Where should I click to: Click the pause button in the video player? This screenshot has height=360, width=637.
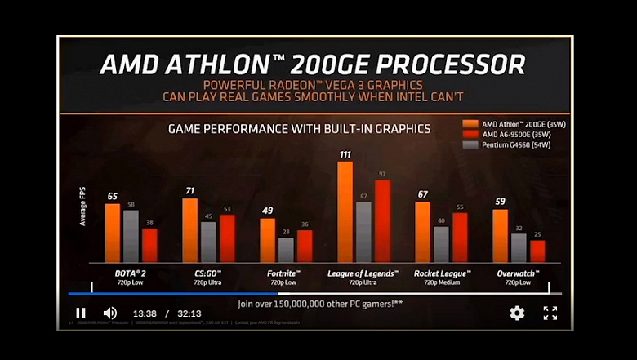(x=81, y=313)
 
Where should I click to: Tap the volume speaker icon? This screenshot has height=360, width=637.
(x=110, y=313)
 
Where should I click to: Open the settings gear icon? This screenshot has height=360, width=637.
(x=517, y=313)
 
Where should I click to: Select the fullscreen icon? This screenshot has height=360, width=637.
(x=550, y=313)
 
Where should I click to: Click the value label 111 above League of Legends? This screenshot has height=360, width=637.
(x=345, y=155)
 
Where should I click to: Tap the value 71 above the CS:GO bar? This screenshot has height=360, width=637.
(x=189, y=191)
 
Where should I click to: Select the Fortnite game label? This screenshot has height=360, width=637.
(x=278, y=273)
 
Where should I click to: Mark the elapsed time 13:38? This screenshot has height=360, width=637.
(x=145, y=313)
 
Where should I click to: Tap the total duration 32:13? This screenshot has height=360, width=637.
(x=189, y=313)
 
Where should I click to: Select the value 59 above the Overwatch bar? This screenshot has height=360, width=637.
(x=501, y=201)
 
